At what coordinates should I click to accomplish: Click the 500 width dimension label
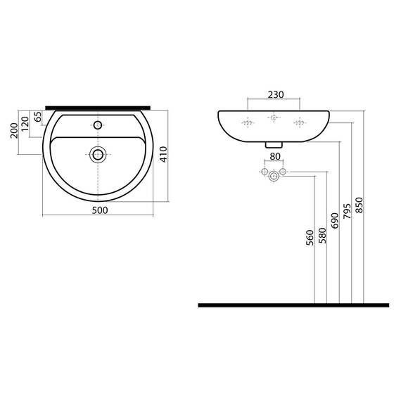pyautogui.click(x=100, y=210)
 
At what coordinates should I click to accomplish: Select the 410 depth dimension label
pyautogui.click(x=163, y=154)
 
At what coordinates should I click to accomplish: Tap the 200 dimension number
pyautogui.click(x=14, y=130)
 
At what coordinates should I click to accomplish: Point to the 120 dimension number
pyautogui.click(x=25, y=124)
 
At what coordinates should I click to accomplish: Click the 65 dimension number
pyautogui.click(x=37, y=117)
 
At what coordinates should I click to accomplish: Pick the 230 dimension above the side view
pyautogui.click(x=276, y=95)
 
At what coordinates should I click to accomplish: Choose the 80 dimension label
pyautogui.click(x=275, y=156)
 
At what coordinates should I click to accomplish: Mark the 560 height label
pyautogui.click(x=310, y=238)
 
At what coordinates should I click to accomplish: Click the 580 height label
pyautogui.click(x=322, y=236)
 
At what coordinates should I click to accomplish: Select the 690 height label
pyautogui.click(x=334, y=220)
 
